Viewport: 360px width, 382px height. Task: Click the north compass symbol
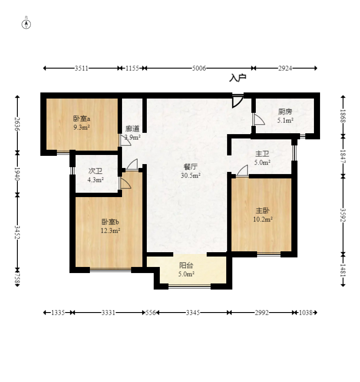click(26, 24)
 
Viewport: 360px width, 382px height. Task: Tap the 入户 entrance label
click(238, 78)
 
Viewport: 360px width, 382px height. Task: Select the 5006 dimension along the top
click(199, 68)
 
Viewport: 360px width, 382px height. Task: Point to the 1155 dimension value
click(132, 68)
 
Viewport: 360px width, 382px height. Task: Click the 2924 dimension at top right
click(285, 68)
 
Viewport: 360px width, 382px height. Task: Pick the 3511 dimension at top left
click(81, 68)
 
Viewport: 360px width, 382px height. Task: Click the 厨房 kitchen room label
click(285, 112)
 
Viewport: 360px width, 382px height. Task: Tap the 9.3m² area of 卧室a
click(82, 127)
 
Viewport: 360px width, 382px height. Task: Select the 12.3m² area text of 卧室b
click(110, 231)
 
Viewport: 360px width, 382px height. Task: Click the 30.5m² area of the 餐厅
click(191, 175)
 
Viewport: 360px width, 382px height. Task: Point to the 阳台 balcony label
click(186, 265)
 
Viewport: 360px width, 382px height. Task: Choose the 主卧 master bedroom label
click(262, 211)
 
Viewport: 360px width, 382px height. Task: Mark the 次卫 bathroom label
click(95, 171)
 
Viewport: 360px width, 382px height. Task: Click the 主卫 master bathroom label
click(262, 154)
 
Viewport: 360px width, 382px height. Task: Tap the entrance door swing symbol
click(238, 101)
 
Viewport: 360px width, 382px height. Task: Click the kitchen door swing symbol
click(259, 119)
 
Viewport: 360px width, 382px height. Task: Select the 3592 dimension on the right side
click(343, 215)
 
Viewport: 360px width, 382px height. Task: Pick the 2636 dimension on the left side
click(17, 124)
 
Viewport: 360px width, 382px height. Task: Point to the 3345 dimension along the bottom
click(193, 313)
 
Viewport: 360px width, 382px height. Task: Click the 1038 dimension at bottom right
click(305, 313)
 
